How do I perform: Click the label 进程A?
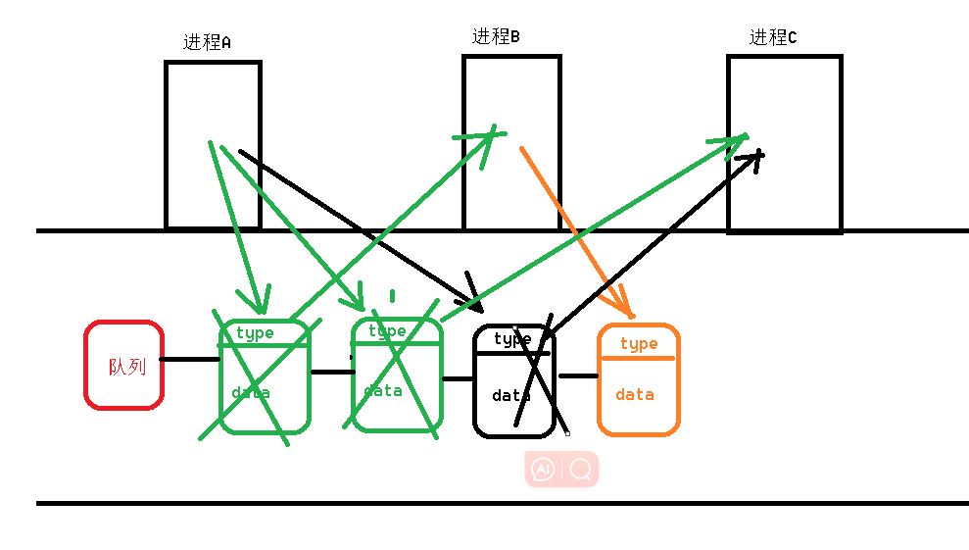pos(207,42)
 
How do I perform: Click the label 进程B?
pos(496,37)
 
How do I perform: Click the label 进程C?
pos(773,38)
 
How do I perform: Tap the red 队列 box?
pos(124,365)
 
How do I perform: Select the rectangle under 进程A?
pos(213,98)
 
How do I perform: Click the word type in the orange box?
pos(639,343)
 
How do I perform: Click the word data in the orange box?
pos(635,394)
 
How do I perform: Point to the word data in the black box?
pos(511,396)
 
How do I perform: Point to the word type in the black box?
pos(512,339)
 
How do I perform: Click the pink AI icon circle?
pos(542,470)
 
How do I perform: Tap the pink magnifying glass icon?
pos(580,470)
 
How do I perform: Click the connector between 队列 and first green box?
pos(190,359)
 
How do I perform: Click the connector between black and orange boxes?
pos(578,375)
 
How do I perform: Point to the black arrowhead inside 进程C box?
pos(753,157)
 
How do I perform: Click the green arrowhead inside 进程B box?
pos(489,134)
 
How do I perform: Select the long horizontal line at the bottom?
pos(502,503)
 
